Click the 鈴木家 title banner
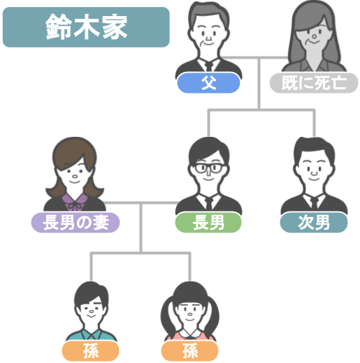coord(86,27)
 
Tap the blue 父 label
coord(208,83)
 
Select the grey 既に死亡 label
coord(314,83)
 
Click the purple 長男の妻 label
coord(75,223)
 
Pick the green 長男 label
coord(208,223)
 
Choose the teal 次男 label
coord(314,223)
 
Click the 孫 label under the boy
coord(90,351)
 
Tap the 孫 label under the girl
coord(189,351)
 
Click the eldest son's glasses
coord(209,168)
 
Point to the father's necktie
coord(209,66)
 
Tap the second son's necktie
coord(314,204)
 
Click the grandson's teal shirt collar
coord(92,335)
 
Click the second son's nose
coord(314,172)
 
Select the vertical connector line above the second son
coord(314,123)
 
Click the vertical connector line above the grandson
coord(91,267)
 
